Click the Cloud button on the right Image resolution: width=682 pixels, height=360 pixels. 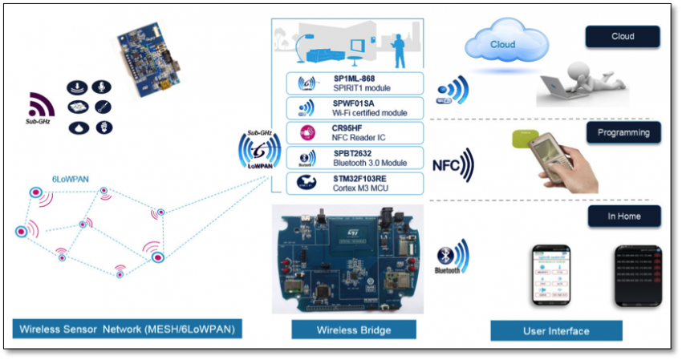pos(623,37)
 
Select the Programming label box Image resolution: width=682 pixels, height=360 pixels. pos(623,131)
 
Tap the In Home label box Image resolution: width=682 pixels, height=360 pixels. pos(623,216)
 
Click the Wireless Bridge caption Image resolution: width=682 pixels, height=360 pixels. pos(354,330)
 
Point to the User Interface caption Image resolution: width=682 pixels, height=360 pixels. pos(556,330)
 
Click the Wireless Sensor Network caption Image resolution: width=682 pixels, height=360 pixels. pos(128,330)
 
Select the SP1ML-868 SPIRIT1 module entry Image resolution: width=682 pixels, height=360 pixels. pos(355,83)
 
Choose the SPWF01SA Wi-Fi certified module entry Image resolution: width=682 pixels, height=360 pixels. pos(355,108)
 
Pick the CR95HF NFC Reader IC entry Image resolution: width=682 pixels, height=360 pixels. pos(355,133)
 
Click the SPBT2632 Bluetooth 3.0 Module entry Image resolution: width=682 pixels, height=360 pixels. pos(355,157)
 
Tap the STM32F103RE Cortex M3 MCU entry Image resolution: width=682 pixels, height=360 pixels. pos(355,183)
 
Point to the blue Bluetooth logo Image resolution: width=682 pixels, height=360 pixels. pos(447,258)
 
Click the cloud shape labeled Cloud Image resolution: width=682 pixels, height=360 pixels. pos(503,43)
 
